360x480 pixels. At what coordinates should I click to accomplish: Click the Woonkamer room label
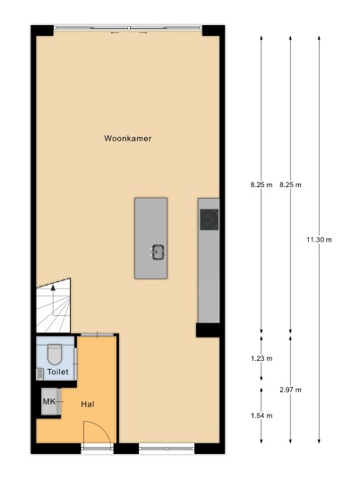point(128,139)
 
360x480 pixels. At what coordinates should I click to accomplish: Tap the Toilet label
point(58,372)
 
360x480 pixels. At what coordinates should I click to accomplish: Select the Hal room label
point(88,405)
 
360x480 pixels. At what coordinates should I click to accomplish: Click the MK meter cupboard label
point(49,401)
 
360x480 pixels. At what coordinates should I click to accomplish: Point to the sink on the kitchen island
point(158,252)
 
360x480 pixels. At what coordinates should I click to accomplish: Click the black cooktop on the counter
point(210,219)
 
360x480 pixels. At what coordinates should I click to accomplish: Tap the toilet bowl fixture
point(55,355)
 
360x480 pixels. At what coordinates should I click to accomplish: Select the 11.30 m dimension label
point(319,240)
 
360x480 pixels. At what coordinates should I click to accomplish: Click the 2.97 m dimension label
point(290,390)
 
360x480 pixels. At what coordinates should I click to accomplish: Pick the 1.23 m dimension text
point(261,358)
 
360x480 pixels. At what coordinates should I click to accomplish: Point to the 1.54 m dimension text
point(261,416)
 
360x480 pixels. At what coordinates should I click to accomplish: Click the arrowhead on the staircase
point(53,287)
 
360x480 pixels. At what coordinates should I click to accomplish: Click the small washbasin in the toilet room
point(39,374)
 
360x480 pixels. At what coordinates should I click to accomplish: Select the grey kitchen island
point(151,238)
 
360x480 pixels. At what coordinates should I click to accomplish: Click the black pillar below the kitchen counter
point(208,330)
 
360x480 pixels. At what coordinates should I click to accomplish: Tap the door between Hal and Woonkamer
point(97,335)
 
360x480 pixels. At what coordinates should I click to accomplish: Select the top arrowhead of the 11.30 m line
point(319,39)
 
